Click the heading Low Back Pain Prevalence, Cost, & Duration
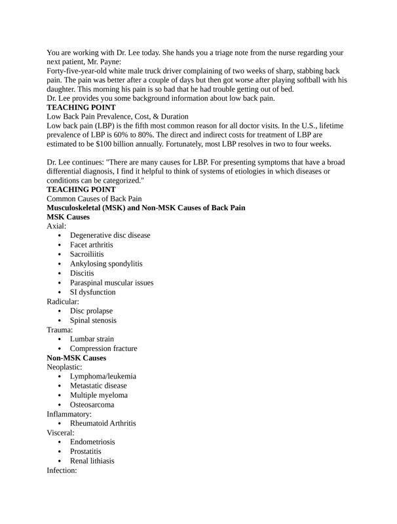pos(117,116)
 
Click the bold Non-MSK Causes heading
pos(77,358)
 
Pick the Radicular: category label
pos(63,301)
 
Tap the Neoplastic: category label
pos(64,367)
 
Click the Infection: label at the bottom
pos(62,471)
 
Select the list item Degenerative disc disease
pos(110,235)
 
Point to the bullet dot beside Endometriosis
pos(60,442)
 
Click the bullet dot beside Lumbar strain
pos(60,339)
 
